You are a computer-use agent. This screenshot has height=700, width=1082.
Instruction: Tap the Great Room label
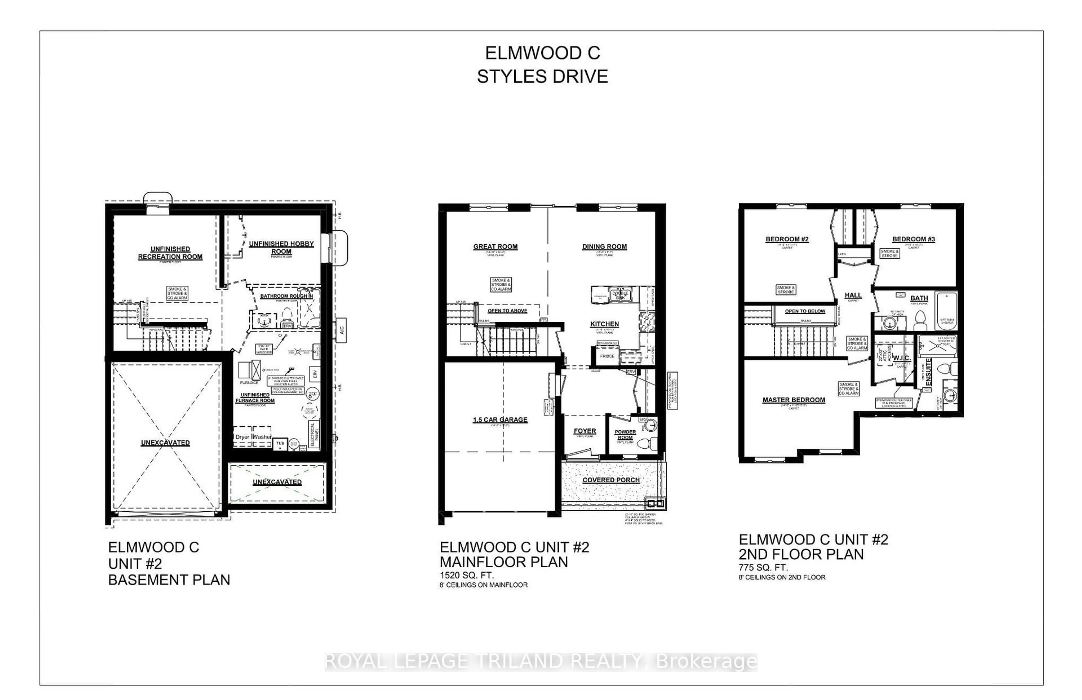(495, 246)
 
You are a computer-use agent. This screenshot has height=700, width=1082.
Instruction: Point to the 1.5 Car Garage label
(500, 420)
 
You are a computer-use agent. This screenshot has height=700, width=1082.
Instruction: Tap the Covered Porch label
(611, 480)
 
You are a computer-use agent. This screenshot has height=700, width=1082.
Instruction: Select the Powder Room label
(625, 435)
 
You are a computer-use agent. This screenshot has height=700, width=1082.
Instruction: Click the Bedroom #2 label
(787, 239)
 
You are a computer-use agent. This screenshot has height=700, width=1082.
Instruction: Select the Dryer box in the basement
(242, 437)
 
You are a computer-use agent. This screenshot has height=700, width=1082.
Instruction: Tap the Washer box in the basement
(262, 437)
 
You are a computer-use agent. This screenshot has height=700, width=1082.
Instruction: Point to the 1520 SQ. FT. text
(466, 575)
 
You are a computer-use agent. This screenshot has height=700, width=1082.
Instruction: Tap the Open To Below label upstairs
(805, 311)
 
